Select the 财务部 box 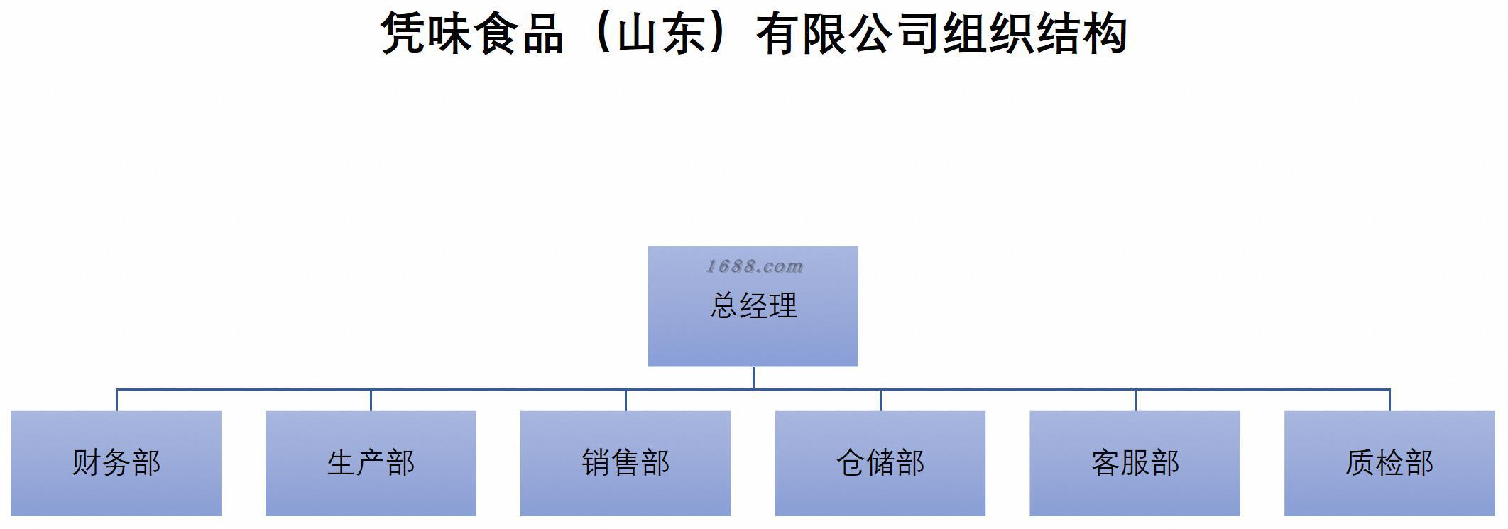(x=116, y=463)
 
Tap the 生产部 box (x=371, y=463)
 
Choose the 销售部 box (x=625, y=463)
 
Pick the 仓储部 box (x=880, y=463)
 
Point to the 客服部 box (x=1135, y=463)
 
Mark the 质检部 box (x=1389, y=463)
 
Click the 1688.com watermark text (x=754, y=266)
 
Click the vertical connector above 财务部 (x=116, y=400)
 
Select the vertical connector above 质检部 (x=1389, y=400)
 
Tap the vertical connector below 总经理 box (x=753, y=378)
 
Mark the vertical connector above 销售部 (x=625, y=400)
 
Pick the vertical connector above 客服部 (x=1135, y=400)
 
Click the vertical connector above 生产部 (x=371, y=400)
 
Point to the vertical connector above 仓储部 (x=880, y=400)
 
